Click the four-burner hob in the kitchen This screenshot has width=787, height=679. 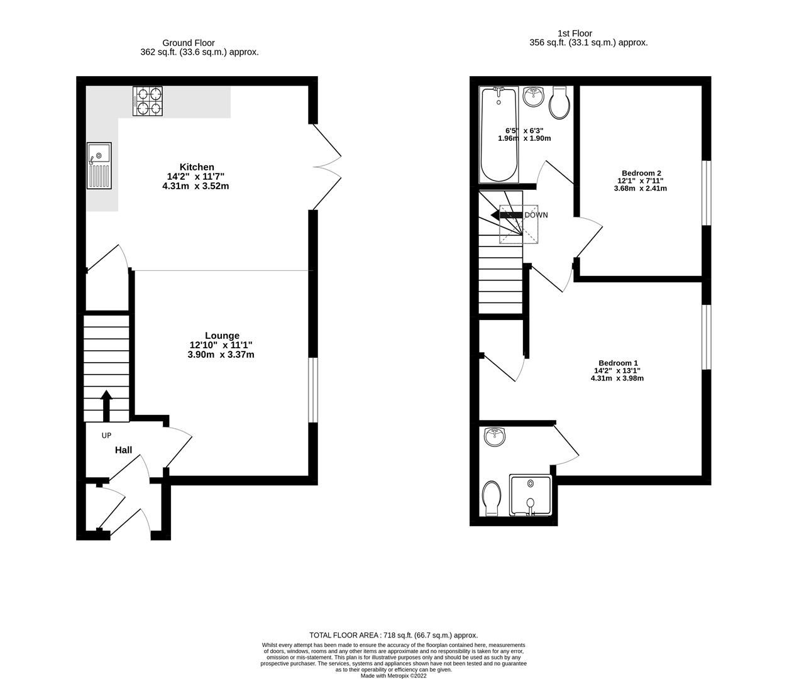coord(147,101)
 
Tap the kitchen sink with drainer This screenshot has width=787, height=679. coord(99,165)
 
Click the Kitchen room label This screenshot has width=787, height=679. coord(197,167)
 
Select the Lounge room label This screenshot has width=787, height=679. coord(222,336)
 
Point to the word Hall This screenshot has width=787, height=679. coord(123,450)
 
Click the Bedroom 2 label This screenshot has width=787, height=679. coord(641,173)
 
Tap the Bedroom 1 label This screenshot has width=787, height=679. coord(618,363)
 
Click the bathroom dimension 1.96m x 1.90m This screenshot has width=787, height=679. coord(524,138)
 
